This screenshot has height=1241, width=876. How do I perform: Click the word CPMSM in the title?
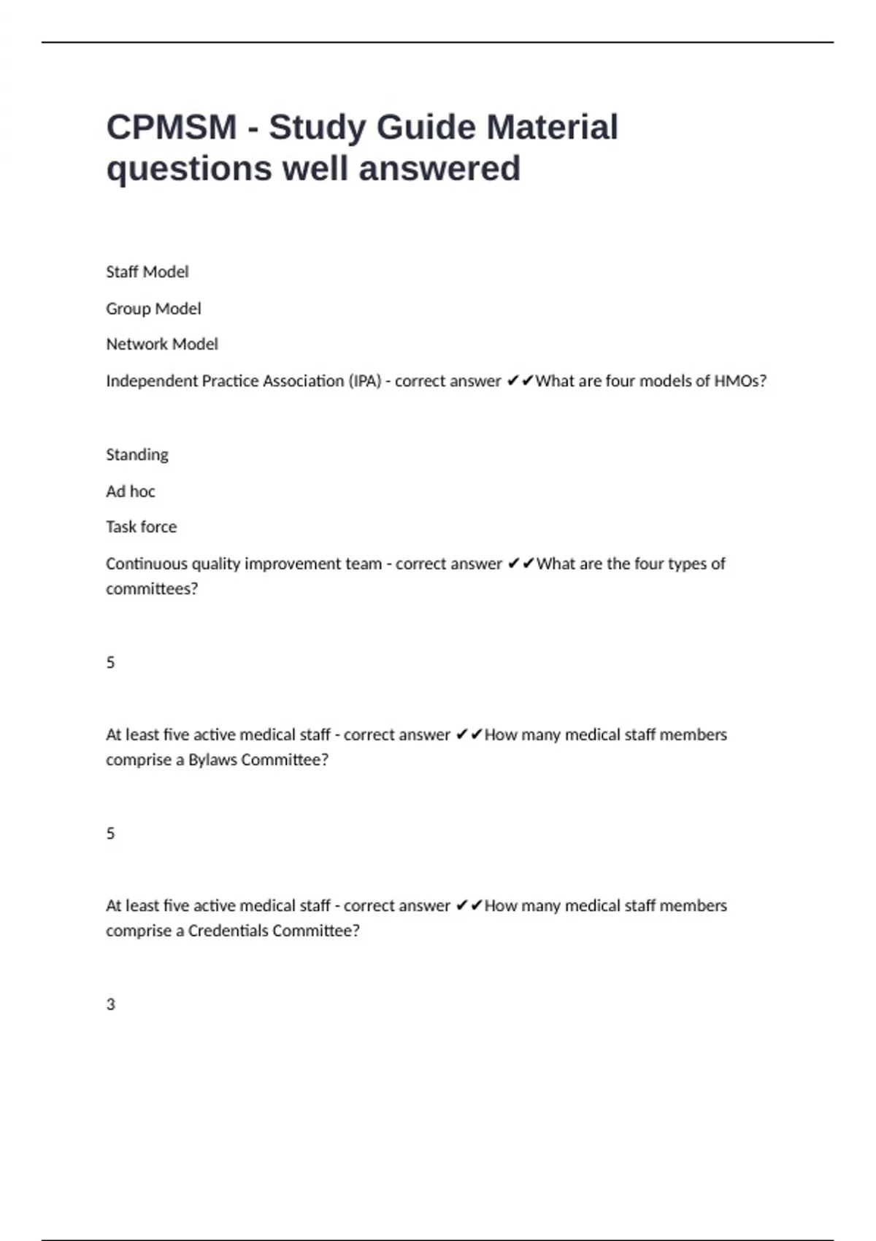pos(172,128)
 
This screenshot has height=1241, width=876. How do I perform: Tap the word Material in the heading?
pos(553,128)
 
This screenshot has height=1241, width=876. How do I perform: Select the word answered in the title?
pos(439,169)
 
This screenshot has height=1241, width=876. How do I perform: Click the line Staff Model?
pos(147,272)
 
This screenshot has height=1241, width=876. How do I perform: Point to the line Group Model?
pos(153,309)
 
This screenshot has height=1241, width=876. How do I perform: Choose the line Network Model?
pos(161,344)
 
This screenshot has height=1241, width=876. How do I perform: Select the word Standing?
pos(137,455)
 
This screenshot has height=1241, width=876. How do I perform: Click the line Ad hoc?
pos(130,491)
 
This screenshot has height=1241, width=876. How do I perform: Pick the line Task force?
pos(141,526)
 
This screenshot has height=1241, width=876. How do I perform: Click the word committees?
pos(151,588)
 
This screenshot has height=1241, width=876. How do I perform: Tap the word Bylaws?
pos(212,760)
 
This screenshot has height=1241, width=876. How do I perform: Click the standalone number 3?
pos(111,1004)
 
